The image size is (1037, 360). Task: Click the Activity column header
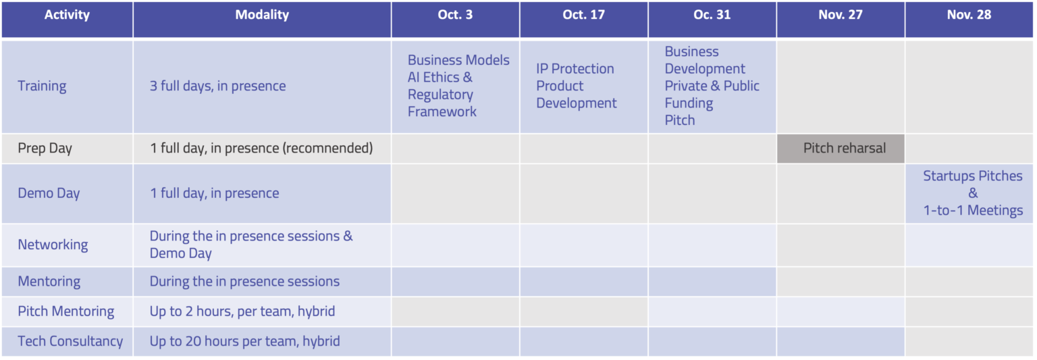coord(67,15)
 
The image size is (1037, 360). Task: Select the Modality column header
coord(262,15)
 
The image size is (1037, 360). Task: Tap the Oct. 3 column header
coord(455,15)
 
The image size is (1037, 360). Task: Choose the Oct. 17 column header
coord(583,15)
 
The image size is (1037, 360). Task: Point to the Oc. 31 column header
coord(712,15)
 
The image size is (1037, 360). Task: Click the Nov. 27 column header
coord(841,15)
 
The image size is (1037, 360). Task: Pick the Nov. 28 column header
coord(969,15)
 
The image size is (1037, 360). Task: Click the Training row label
coord(42,86)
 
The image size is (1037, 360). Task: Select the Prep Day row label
coord(45,149)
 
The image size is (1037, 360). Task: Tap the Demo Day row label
coord(49,193)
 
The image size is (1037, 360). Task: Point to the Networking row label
coord(53,245)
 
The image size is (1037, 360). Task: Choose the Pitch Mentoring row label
coord(65,311)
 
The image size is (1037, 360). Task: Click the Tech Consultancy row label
coord(70,342)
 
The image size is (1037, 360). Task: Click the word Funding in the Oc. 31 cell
coord(689,103)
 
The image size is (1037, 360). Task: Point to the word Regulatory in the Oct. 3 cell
coord(440,95)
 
